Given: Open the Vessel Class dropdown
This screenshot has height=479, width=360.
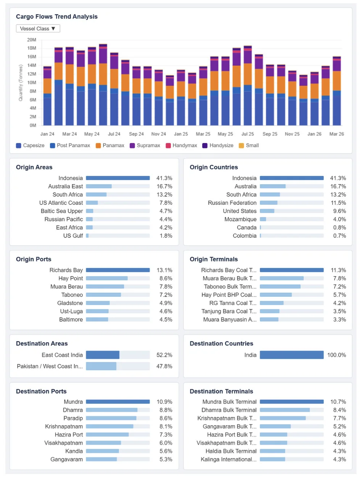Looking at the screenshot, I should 38,29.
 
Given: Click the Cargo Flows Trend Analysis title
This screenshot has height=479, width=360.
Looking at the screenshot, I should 56,17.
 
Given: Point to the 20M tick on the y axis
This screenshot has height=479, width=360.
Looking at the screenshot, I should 31,40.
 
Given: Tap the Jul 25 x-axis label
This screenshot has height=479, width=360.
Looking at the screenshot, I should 247,134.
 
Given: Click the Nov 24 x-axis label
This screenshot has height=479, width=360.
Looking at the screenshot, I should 159,134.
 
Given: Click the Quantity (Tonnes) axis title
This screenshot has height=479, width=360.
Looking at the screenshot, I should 21,82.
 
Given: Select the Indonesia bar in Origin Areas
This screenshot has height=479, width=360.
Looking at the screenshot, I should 117,178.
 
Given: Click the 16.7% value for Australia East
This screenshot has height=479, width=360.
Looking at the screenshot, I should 164,186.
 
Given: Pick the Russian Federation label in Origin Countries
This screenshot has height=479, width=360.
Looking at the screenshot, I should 232,203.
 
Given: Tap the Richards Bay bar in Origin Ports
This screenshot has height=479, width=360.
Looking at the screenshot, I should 117,270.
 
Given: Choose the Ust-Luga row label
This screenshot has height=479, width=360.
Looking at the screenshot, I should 72,311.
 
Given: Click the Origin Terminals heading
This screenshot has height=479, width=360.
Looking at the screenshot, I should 214,259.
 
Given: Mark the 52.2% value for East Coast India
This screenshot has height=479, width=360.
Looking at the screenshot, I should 164,355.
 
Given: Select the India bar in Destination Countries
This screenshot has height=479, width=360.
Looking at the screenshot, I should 291,355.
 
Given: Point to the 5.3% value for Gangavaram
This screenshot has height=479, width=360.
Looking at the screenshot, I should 164,460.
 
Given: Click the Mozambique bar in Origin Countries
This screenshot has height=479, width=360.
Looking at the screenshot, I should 263,219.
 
